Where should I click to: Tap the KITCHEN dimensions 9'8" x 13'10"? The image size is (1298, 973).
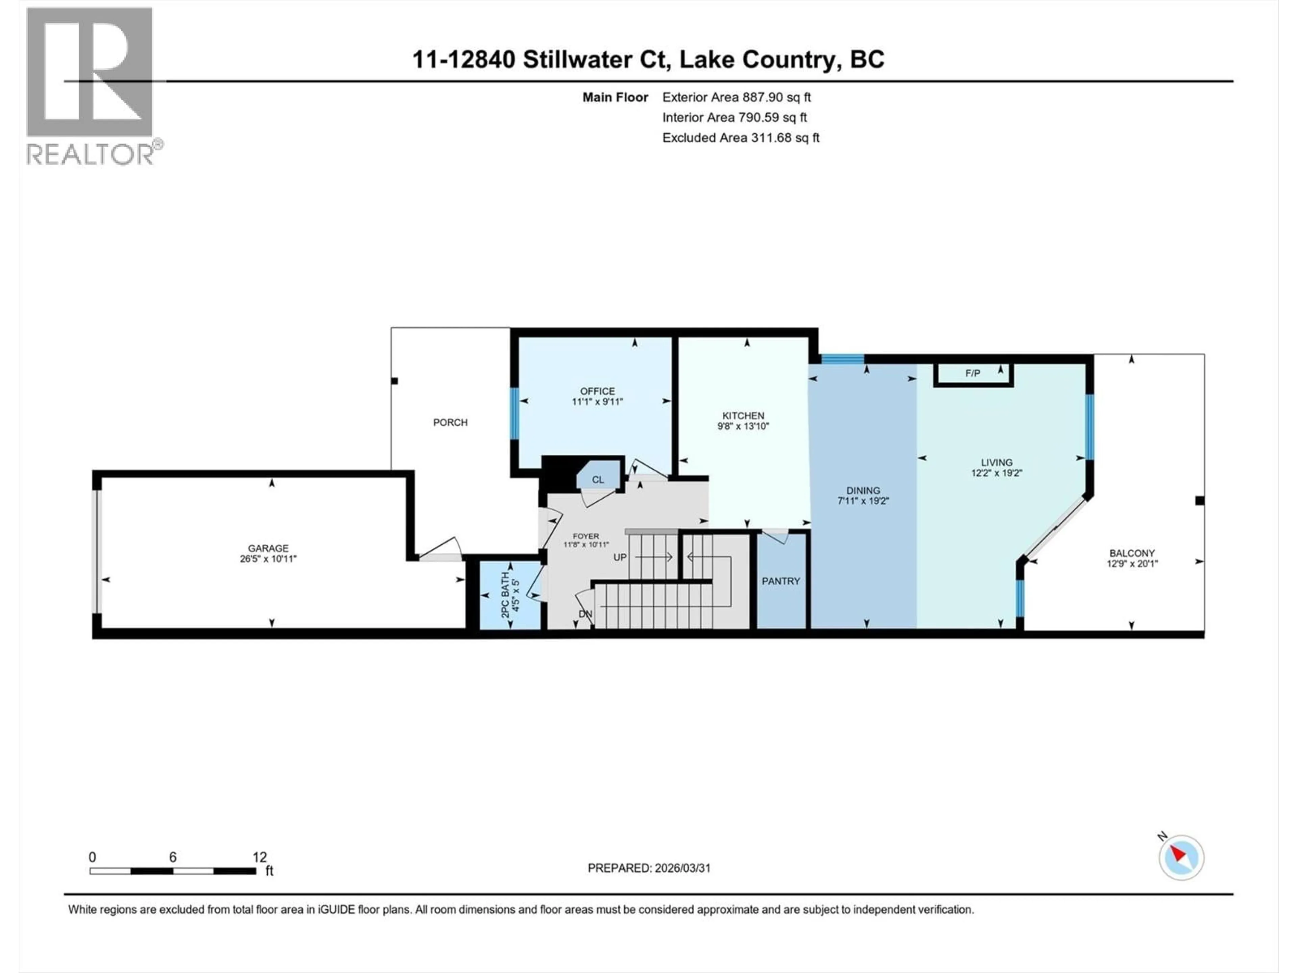click(x=743, y=426)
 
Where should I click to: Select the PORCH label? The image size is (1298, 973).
click(x=450, y=422)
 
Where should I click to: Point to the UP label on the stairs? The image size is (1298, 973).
click(x=620, y=557)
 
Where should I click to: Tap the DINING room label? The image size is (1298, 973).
click(x=863, y=490)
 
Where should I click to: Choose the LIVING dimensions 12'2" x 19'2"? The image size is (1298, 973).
click(x=996, y=473)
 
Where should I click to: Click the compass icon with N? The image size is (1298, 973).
click(x=1181, y=857)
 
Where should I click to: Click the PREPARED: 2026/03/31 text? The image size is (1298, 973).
click(x=649, y=868)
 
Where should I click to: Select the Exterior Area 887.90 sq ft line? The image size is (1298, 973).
click(x=737, y=97)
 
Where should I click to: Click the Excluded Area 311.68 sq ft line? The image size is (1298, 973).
click(x=741, y=138)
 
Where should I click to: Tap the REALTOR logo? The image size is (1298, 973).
click(x=91, y=86)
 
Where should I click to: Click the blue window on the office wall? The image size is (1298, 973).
click(x=514, y=414)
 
